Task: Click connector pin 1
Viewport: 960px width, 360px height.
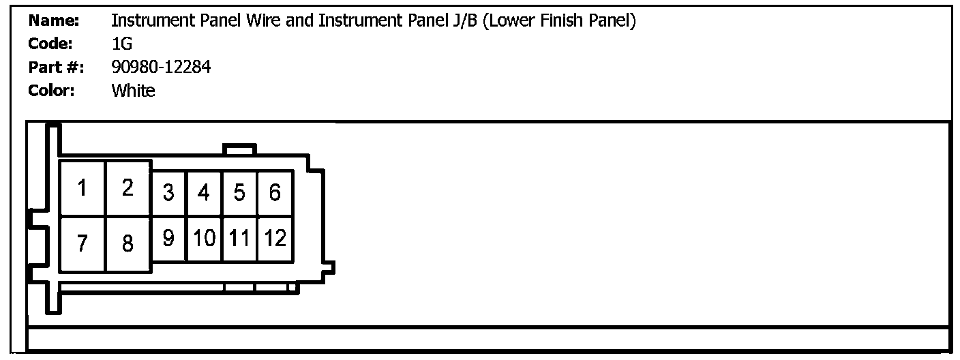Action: pos(82,188)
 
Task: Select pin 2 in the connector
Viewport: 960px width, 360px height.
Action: pos(127,188)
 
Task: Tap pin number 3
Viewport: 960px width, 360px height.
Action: pos(168,193)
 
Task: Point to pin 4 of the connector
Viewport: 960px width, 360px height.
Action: pos(203,193)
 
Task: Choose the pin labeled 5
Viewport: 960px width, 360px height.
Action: pos(239,193)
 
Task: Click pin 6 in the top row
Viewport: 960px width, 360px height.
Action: pos(275,193)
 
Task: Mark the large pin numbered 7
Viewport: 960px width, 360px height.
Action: pos(82,243)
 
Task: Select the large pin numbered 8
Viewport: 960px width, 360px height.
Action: pos(127,243)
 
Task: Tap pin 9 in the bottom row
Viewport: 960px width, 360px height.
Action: pos(168,239)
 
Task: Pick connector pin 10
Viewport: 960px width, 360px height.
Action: pos(204,239)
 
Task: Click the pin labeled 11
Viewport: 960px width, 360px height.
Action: pos(239,239)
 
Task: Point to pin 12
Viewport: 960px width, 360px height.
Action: pos(275,239)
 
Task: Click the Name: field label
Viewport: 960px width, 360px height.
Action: pos(55,21)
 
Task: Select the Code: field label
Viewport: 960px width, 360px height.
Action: pos(50,44)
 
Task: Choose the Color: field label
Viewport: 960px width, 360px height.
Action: pos(51,91)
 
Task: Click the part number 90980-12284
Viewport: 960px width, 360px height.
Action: pos(161,67)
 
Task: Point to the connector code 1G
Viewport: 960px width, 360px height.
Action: pos(121,44)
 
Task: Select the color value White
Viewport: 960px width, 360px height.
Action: pos(133,91)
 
